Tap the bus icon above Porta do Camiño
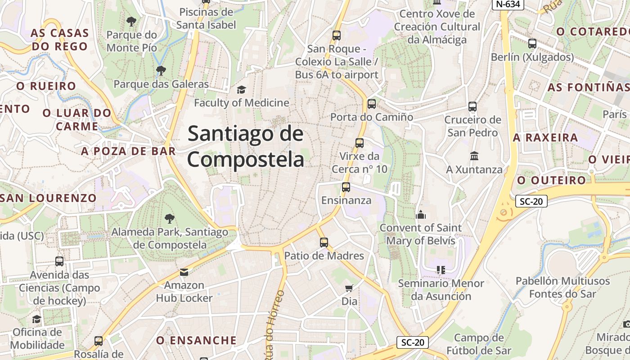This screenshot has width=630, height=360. [371, 104]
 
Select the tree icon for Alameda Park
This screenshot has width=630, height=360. [170, 219]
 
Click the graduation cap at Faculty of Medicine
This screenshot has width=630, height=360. [242, 90]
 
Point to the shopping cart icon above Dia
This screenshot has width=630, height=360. [349, 288]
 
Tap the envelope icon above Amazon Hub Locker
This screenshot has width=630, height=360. [184, 272]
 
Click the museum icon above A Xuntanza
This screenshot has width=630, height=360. [474, 156]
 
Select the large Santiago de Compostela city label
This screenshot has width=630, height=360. [246, 147]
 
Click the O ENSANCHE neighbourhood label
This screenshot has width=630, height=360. [196, 341]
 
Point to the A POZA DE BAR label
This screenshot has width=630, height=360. [128, 151]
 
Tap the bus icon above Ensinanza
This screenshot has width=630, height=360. [346, 187]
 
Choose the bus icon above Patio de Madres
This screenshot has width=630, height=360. [324, 243]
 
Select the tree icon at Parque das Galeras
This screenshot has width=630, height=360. [161, 71]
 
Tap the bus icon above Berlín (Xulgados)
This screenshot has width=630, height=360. [532, 44]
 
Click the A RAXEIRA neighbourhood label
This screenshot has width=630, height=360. [545, 138]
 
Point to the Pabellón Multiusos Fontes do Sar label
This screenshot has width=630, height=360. [562, 288]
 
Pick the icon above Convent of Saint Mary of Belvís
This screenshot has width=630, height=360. [421, 215]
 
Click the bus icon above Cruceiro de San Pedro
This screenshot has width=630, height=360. [472, 107]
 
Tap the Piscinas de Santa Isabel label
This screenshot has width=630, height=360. [206, 18]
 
